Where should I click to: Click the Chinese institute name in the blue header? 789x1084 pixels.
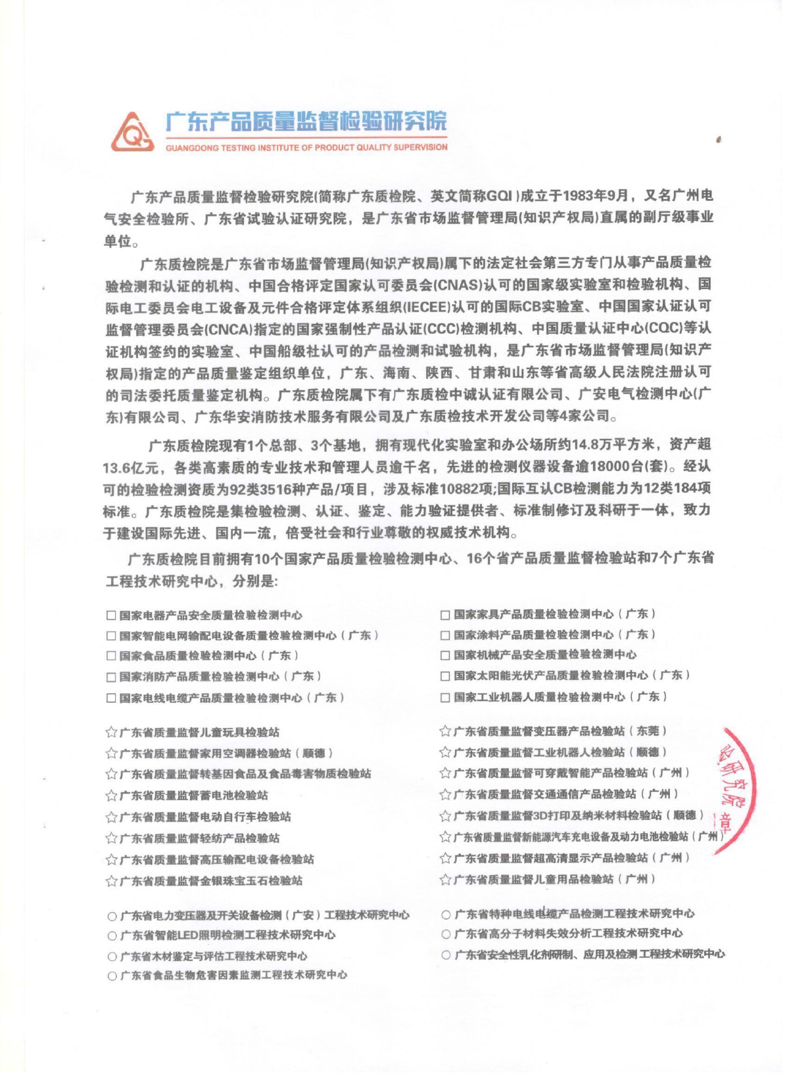[306, 122]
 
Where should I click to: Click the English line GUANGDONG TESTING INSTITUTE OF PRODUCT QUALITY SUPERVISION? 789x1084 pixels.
[306, 148]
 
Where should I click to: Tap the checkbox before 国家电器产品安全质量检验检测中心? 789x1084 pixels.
[111, 616]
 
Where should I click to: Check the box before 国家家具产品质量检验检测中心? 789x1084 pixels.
[445, 614]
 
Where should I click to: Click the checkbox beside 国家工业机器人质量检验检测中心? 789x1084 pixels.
[445, 696]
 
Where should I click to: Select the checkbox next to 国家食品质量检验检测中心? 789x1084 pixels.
[111, 656]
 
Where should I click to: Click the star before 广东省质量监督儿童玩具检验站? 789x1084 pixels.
[111, 733]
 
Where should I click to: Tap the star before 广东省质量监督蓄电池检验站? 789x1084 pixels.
[111, 796]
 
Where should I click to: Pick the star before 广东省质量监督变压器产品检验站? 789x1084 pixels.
[445, 731]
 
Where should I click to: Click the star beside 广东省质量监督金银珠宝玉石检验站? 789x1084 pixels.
[111, 881]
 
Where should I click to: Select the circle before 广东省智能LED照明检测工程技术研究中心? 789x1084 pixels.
[112, 936]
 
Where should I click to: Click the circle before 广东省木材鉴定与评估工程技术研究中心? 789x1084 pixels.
[112, 957]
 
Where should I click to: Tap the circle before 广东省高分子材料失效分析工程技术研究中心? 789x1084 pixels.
[446, 934]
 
